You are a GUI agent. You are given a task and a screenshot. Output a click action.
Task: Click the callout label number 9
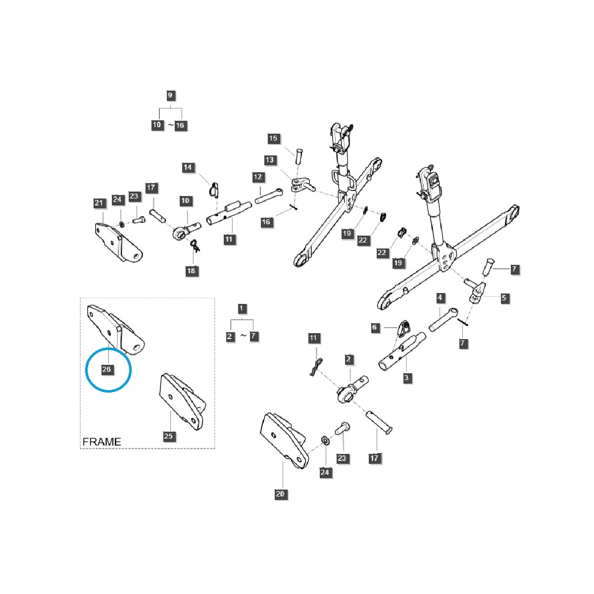[170, 95]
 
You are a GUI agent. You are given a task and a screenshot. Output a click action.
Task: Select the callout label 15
[273, 139]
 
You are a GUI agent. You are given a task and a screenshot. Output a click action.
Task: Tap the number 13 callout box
[269, 160]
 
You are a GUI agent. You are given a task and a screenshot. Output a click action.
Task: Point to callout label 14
[188, 167]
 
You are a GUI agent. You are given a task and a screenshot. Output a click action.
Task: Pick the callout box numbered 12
[258, 177]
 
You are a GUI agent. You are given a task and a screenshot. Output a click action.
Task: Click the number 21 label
[99, 203]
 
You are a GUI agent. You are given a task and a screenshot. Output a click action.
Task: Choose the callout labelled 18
[191, 271]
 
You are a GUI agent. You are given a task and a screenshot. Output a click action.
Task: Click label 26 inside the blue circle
[106, 369]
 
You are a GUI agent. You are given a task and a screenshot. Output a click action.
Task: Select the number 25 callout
[168, 436]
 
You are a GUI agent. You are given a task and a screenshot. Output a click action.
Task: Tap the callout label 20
[280, 494]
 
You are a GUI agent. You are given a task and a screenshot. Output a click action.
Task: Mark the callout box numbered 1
[241, 308]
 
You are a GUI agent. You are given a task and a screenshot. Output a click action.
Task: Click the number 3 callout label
[406, 378]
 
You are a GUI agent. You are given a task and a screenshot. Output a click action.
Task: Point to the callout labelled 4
[440, 298]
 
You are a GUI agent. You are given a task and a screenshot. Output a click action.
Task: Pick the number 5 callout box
[504, 298]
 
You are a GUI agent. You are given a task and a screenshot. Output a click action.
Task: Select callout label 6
[374, 327]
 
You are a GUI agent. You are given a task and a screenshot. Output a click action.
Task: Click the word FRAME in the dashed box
[101, 442]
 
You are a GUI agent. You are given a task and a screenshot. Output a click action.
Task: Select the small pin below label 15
[299, 155]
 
